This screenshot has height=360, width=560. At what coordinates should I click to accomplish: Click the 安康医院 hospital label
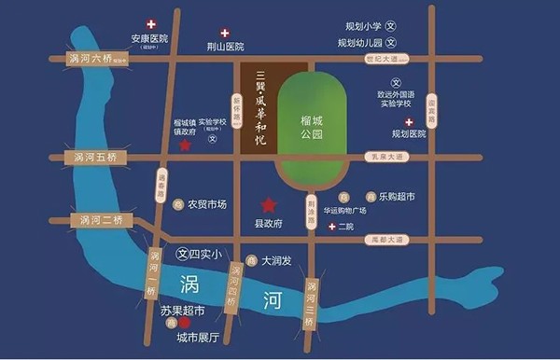pyautogui.click(x=149, y=39)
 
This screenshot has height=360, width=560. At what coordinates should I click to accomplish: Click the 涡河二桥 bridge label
pyautogui.click(x=98, y=221)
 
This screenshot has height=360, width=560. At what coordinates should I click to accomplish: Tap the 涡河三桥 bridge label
pyautogui.click(x=311, y=302)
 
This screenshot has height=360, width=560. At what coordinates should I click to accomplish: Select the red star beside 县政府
pyautogui.click(x=269, y=204)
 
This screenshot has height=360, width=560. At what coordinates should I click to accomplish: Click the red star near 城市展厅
pyautogui.click(x=185, y=323)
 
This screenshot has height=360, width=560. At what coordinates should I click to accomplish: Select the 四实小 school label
pyautogui.click(x=203, y=254)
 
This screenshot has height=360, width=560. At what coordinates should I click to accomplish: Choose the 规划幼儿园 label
pyautogui.click(x=358, y=43)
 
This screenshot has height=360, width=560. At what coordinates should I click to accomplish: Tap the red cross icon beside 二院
pyautogui.click(x=330, y=227)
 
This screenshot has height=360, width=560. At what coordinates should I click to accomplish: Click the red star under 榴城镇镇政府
pyautogui.click(x=185, y=145)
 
